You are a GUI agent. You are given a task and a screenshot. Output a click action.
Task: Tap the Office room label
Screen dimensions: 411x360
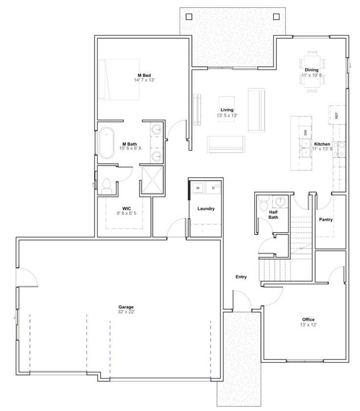click(308, 320)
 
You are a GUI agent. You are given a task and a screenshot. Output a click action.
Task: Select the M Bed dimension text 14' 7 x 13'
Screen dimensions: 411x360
click(144, 80)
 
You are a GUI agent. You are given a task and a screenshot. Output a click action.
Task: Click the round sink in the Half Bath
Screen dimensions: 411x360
click(280, 201)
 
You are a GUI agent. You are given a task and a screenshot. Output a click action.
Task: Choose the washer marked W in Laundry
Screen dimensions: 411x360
click(198, 187)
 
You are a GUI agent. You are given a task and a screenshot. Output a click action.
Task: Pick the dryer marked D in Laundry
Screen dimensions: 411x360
click(214, 187)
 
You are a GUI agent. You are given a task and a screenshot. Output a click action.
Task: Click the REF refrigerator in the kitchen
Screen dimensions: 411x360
click(337, 115)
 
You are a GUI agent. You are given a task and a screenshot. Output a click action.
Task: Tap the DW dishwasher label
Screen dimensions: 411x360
click(305, 133)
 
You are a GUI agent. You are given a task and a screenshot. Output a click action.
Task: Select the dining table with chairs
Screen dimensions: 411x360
click(311, 71)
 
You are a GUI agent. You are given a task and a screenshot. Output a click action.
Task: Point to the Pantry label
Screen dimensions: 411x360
click(326, 220)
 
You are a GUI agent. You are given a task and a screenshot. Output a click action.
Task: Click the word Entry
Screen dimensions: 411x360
click(241, 277)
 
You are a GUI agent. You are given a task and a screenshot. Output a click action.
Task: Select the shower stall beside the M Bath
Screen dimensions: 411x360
click(152, 180)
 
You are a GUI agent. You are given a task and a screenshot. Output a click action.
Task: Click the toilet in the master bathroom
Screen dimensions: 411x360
click(107, 184)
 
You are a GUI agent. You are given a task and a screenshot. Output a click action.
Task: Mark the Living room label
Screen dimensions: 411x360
click(227, 110)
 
